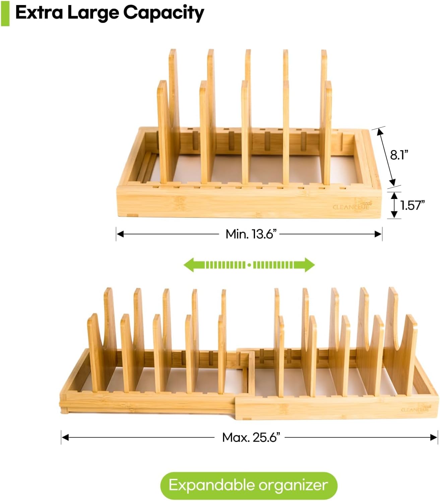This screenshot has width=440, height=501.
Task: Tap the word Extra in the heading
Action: [39, 12]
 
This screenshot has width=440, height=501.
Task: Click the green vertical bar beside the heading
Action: [5, 13]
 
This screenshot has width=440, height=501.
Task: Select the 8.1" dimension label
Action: [399, 155]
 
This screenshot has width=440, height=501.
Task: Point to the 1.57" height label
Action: [412, 205]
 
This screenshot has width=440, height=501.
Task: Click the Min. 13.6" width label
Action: [251, 234]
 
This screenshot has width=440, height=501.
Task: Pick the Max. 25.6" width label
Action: [251, 438]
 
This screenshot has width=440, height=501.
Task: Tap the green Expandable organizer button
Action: [249, 486]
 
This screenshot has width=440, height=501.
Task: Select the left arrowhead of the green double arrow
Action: [191, 265]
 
